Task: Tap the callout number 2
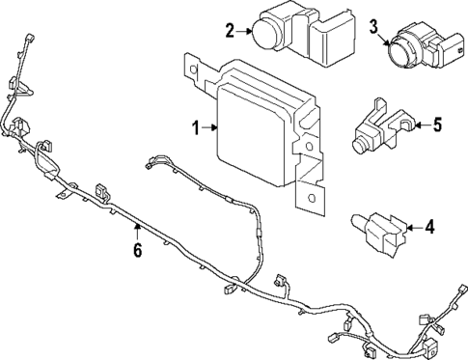coord(230,31)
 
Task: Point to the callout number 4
coord(429,228)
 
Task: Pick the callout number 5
coord(436,124)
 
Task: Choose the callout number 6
coord(137,251)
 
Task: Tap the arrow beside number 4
coord(413,228)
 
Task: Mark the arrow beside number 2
coord(244,31)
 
